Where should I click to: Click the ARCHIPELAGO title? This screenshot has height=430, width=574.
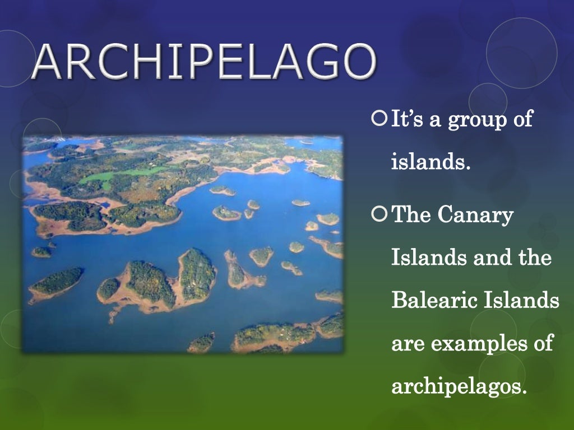[203, 62]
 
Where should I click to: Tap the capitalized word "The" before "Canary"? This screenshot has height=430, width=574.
[410, 214]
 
